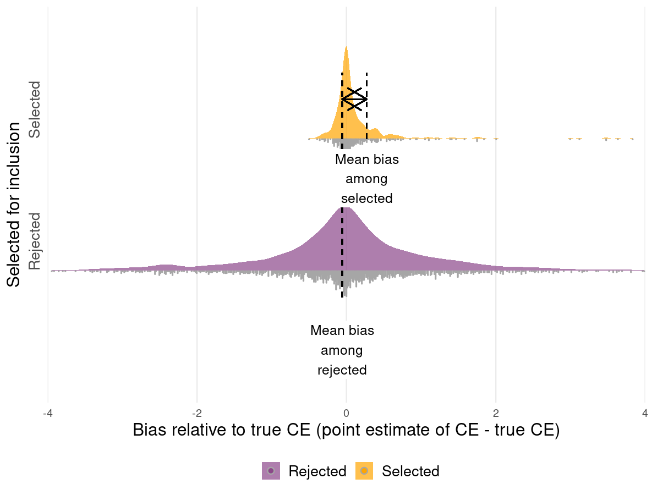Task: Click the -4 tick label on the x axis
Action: [48, 413]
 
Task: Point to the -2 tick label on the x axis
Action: [197, 413]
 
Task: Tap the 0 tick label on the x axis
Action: [346, 413]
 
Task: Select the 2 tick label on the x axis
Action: [496, 413]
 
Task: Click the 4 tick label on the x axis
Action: [645, 413]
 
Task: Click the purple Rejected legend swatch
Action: [271, 471]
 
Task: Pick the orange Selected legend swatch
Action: [364, 471]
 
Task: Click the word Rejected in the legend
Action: [317, 471]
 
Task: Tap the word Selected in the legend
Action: [410, 471]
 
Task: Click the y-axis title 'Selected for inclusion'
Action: [15, 204]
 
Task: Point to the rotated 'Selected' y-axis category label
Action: [35, 109]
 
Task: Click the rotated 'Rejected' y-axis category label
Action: [35, 241]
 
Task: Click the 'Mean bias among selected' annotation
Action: [366, 179]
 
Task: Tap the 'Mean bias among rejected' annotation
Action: [342, 350]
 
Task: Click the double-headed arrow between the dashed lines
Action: [354, 98]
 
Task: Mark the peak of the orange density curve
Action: [346, 48]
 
